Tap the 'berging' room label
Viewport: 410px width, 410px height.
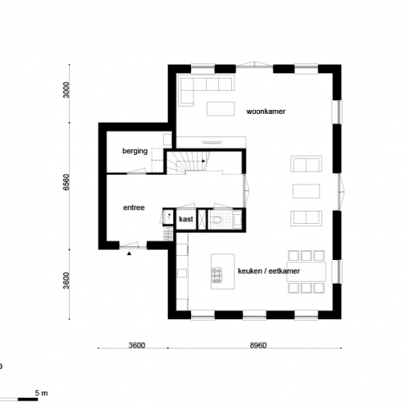[x=134, y=152]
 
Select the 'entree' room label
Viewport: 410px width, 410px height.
[x=134, y=207]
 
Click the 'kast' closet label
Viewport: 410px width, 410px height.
[x=185, y=219]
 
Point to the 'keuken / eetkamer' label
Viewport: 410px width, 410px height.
[x=267, y=271]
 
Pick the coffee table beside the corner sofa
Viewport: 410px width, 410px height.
[x=220, y=108]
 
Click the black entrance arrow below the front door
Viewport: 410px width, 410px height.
[x=129, y=255]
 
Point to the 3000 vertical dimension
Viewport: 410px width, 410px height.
[x=68, y=91]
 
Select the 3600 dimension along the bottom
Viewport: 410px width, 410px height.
[x=136, y=346]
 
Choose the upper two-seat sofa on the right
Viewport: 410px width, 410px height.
[x=305, y=165]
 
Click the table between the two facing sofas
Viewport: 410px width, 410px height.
[x=305, y=191]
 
